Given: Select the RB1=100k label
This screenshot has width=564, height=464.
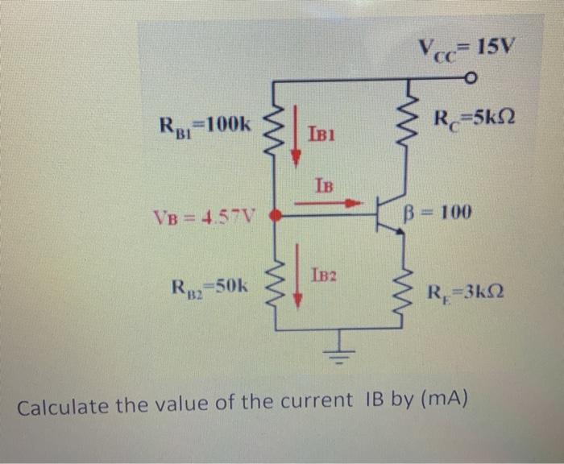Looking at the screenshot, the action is (x=205, y=125).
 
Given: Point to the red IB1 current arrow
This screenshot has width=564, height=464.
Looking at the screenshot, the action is (x=297, y=126).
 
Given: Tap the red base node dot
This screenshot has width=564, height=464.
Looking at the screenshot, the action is (x=275, y=215).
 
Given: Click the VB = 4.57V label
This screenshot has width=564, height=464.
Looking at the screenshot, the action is (x=203, y=216).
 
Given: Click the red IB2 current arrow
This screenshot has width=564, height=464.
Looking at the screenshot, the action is (x=297, y=275).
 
